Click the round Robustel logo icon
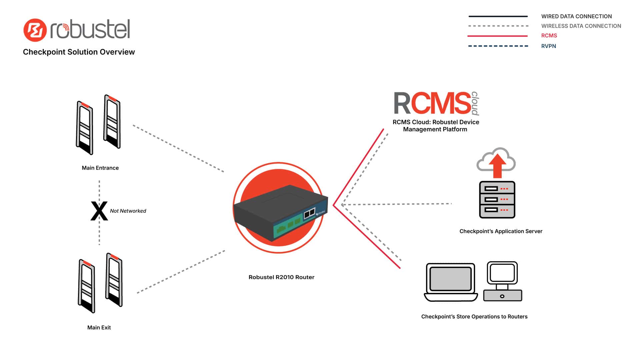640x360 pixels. pos(35,30)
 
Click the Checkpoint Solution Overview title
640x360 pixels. pos(79,52)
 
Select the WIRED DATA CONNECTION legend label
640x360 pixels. pos(576,16)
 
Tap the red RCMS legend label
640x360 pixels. pos(549,36)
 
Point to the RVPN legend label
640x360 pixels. pos(548,46)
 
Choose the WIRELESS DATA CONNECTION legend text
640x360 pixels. pos(581,26)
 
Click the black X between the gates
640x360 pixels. pos(99,211)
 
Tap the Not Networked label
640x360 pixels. pos(128,211)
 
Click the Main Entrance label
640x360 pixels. pos(100,168)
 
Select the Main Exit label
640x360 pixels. pos(99,328)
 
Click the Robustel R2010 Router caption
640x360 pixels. pos(281,277)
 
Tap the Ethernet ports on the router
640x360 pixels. pos(309,213)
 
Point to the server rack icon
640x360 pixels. pos(497,200)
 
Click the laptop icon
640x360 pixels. pos(451,282)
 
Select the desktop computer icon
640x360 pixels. pos(502,281)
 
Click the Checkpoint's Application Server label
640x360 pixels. pos(501,231)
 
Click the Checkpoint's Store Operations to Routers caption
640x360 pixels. pos(474,317)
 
